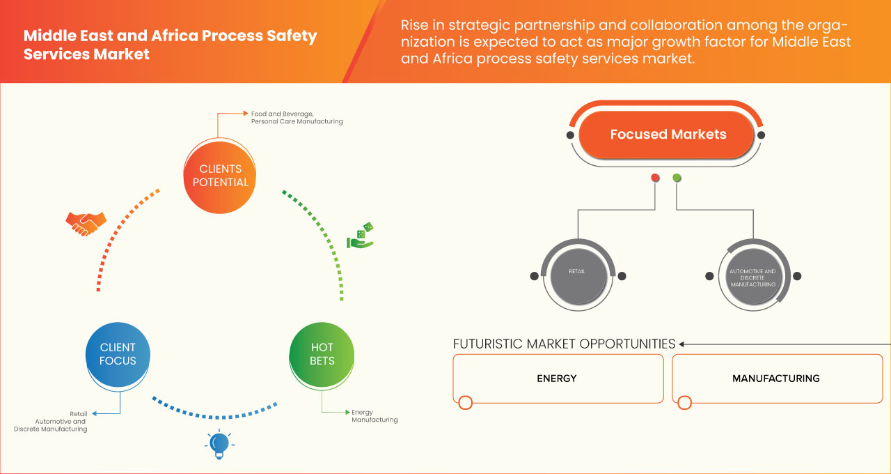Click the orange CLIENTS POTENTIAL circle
click(220, 175)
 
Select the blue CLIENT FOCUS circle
click(118, 353)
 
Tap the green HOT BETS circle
click(322, 353)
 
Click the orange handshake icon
click(86, 223)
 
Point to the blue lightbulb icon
click(219, 444)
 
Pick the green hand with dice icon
click(361, 236)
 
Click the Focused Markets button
click(667, 135)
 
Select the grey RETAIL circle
click(577, 275)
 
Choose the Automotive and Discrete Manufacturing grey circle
click(752, 276)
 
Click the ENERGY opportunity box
click(558, 379)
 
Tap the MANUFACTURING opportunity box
click(776, 379)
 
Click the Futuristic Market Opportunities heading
click(564, 344)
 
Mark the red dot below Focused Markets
click(655, 178)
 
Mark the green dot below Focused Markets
click(677, 178)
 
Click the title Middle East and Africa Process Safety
click(170, 36)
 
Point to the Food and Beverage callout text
click(297, 117)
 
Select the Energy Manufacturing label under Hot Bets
click(374, 416)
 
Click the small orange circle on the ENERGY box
click(466, 402)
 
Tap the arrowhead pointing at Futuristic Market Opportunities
click(682, 344)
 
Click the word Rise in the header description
click(416, 25)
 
